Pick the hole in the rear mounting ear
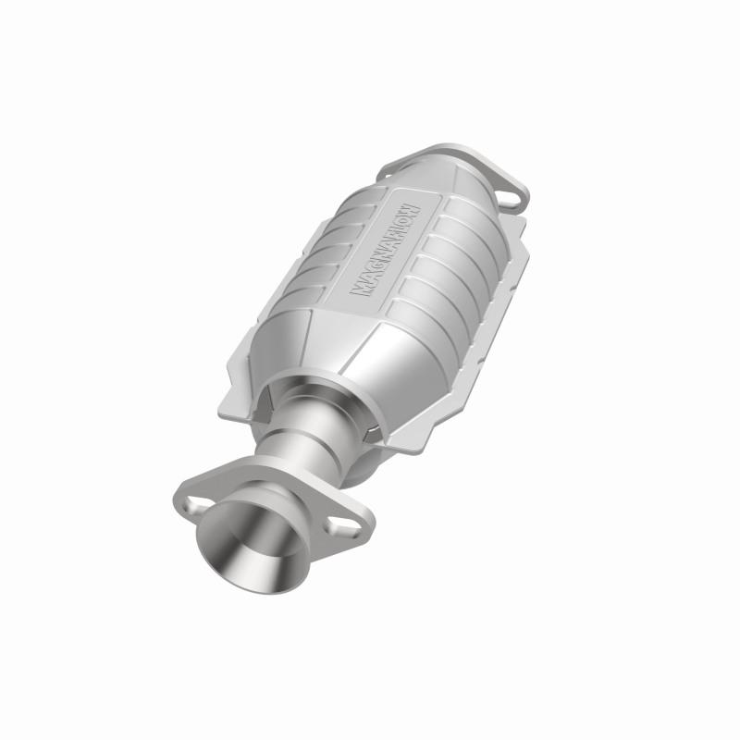(509, 196)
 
